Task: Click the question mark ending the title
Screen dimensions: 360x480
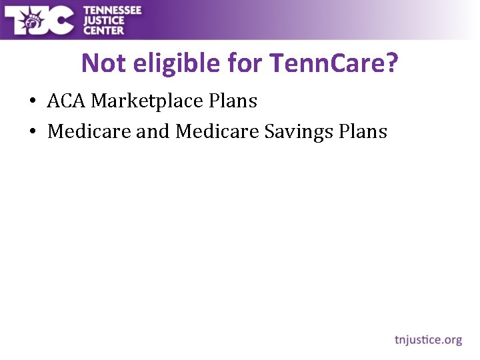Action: (x=392, y=63)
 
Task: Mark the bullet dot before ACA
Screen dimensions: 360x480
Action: (x=32, y=102)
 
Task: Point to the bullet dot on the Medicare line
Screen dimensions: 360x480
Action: (x=32, y=132)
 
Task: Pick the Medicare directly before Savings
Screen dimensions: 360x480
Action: (x=217, y=131)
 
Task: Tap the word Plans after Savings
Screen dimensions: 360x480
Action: (x=363, y=131)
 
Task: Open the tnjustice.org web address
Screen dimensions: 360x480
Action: (x=428, y=340)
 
